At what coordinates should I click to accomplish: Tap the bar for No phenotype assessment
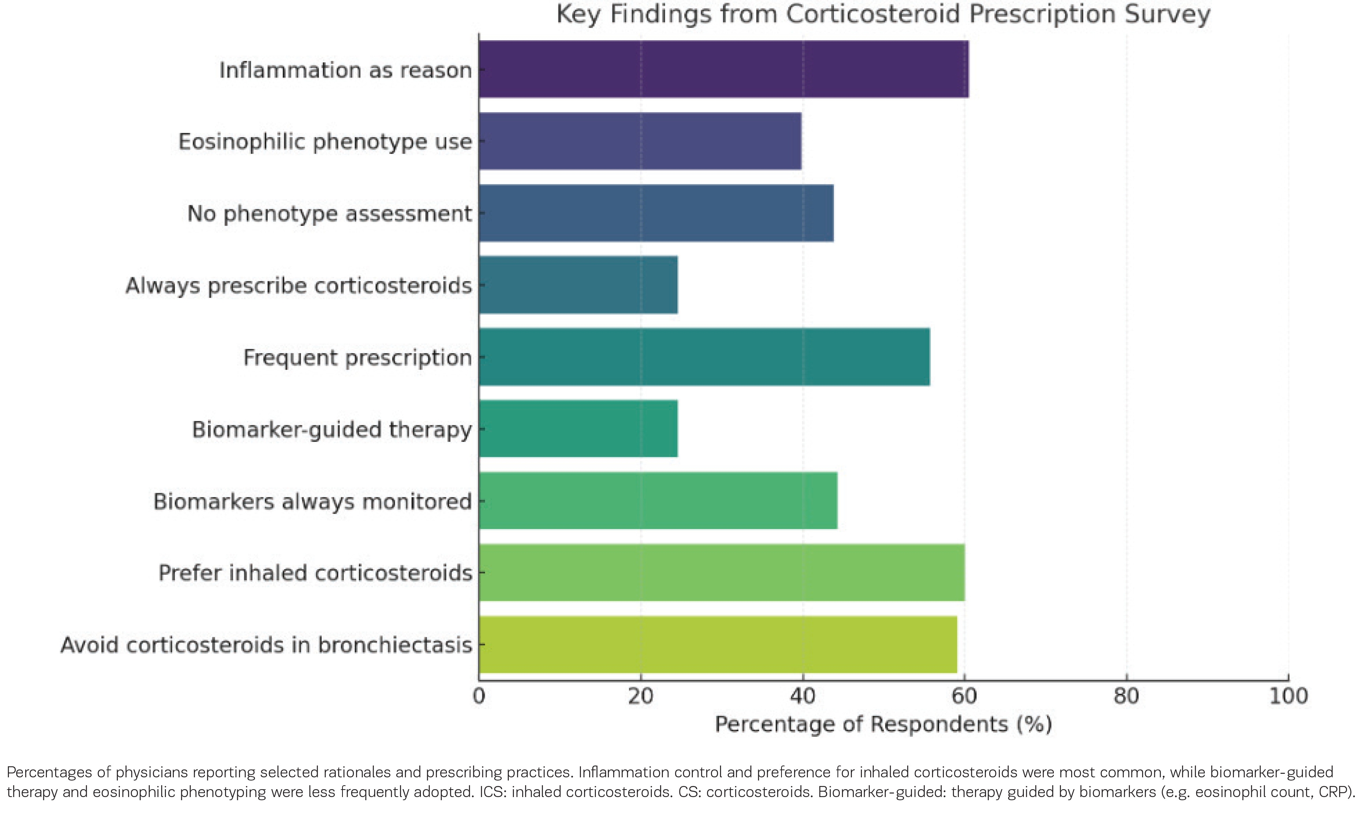(656, 213)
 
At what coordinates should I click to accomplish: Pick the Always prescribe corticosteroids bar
(578, 285)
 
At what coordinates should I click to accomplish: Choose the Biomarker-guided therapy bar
(578, 428)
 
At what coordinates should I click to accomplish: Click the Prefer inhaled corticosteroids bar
(722, 572)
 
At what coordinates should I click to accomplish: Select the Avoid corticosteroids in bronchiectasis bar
(718, 644)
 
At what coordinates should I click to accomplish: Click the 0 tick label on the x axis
(479, 696)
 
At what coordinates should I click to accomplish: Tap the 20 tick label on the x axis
(640, 696)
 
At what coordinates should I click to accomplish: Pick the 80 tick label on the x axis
(1126, 696)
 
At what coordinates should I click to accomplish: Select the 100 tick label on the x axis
(1288, 696)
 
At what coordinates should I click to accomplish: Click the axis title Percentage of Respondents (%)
(883, 724)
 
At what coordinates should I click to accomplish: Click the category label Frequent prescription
(357, 357)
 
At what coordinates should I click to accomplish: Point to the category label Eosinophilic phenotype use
(325, 142)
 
